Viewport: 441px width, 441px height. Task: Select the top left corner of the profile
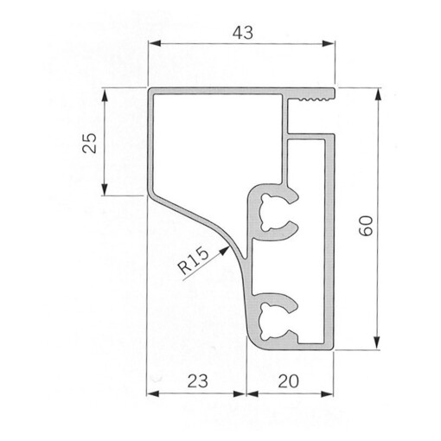click(x=149, y=90)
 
